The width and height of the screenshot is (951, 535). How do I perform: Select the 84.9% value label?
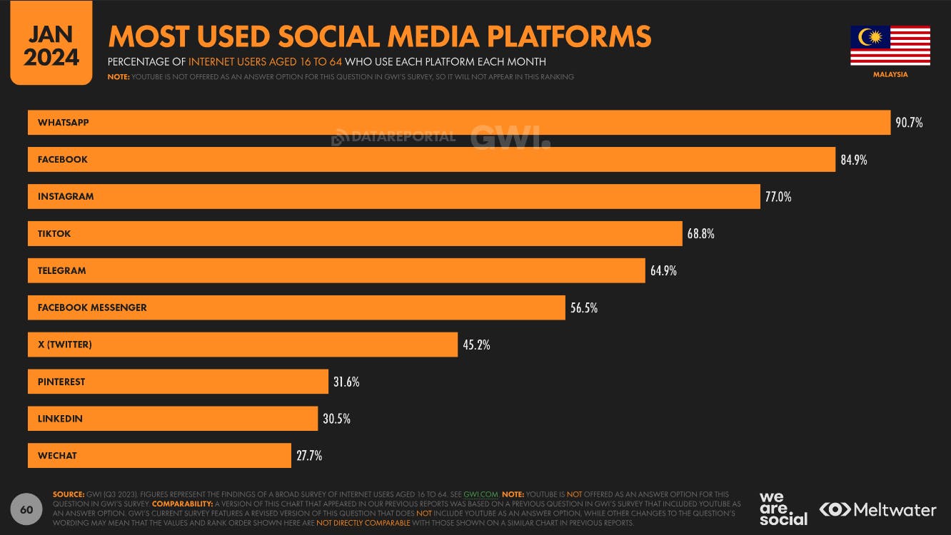click(853, 160)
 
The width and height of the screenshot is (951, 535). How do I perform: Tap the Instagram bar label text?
click(66, 197)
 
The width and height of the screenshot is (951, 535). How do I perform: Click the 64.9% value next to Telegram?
click(663, 271)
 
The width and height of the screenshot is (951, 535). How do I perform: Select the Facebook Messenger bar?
click(296, 308)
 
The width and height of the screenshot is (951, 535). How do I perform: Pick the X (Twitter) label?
click(65, 345)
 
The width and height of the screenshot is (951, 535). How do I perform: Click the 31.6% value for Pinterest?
click(346, 382)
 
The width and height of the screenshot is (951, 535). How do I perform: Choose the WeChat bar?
click(159, 456)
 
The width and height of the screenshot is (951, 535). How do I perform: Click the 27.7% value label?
click(309, 456)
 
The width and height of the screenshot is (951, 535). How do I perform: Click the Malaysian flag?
click(890, 46)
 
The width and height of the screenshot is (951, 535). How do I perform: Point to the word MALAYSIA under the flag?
click(890, 74)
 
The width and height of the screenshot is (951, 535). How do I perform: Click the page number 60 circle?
click(26, 509)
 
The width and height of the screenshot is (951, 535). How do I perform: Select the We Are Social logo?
click(783, 509)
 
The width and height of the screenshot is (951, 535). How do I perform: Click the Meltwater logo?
click(877, 509)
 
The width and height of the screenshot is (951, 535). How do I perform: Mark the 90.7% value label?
click(909, 123)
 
